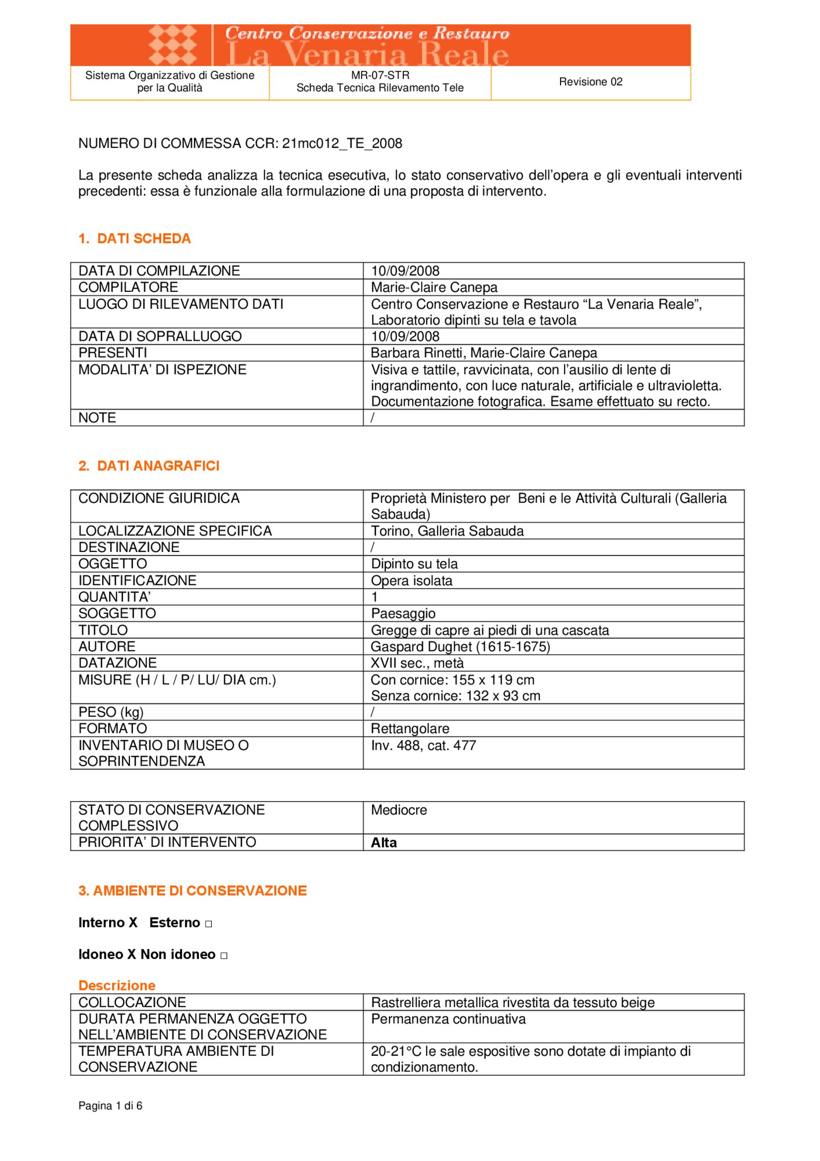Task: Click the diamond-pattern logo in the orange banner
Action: coord(172,45)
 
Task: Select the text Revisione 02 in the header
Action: coord(590,82)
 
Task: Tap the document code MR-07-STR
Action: coord(380,75)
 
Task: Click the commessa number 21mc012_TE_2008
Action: coord(342,143)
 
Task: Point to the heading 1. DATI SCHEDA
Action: coord(135,239)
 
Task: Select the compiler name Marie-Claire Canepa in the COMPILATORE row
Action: coord(434,287)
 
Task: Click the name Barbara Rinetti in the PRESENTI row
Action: coord(417,353)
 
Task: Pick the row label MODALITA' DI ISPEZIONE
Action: coord(162,370)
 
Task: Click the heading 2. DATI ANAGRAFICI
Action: coord(149,466)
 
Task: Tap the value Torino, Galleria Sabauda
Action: coord(447,531)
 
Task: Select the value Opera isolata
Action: coord(411,580)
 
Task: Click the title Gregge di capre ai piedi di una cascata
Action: coord(490,630)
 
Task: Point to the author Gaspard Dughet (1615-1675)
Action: coord(460,647)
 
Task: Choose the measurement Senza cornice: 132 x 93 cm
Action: coord(456,696)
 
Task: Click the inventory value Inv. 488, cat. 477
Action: coord(424,745)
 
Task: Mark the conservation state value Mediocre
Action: coord(399,810)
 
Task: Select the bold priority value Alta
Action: coord(384,843)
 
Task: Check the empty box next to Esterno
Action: coord(208,924)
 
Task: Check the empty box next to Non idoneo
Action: coord(224,956)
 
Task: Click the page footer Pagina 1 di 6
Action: coord(110,1106)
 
